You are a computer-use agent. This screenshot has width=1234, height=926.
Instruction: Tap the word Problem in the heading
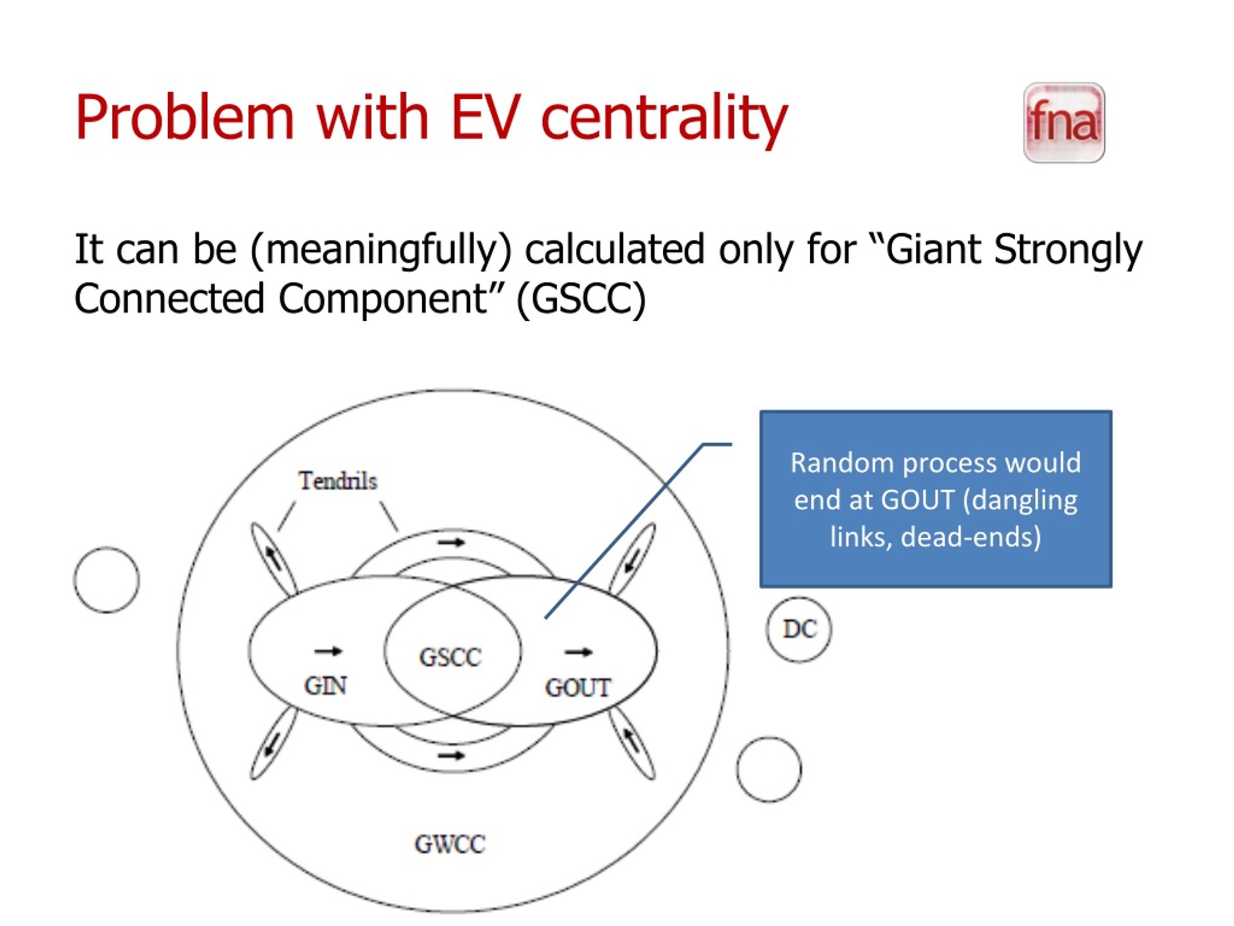pyautogui.click(x=185, y=117)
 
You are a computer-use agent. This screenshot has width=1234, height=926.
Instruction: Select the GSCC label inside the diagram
pyautogui.click(x=450, y=657)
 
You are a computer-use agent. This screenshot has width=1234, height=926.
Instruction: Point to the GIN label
pyautogui.click(x=325, y=686)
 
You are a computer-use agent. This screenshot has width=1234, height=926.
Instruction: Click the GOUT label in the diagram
pyautogui.click(x=578, y=688)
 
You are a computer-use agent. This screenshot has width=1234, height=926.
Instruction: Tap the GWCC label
pyautogui.click(x=450, y=844)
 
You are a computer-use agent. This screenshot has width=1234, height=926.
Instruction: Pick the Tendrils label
pyautogui.click(x=338, y=480)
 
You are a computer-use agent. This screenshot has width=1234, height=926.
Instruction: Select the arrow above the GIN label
pyautogui.click(x=328, y=651)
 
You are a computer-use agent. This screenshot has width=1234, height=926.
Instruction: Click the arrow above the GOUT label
pyautogui.click(x=578, y=652)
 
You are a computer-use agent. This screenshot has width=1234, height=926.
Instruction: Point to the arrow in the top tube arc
pyautogui.click(x=451, y=542)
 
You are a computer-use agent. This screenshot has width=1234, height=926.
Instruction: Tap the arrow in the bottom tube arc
pyautogui.click(x=451, y=756)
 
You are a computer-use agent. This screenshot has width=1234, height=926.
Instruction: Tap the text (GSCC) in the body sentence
pyautogui.click(x=581, y=299)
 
